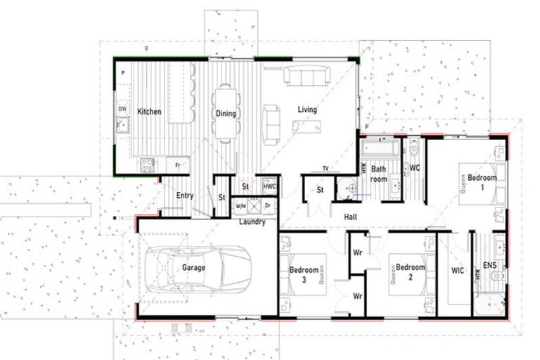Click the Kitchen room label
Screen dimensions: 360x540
coord(149,112)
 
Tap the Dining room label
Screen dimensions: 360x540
coord(226,114)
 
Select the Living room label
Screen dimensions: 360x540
coord(307,110)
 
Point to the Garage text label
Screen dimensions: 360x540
coord(193,268)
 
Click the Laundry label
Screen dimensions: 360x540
coord(252,222)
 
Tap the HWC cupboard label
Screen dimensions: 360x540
coord(269,187)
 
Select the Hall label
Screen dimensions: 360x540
coord(350,217)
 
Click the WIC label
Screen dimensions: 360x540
coord(458,269)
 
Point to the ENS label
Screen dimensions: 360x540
coord(489,266)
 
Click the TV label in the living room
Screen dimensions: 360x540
coord(325,169)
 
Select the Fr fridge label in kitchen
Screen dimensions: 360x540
coord(177,165)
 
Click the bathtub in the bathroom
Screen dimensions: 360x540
coord(380,150)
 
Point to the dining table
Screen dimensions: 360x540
coord(225,112)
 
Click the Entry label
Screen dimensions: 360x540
coord(185,196)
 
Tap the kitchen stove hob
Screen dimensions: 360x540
coord(148,166)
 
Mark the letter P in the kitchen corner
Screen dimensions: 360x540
coord(122,73)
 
